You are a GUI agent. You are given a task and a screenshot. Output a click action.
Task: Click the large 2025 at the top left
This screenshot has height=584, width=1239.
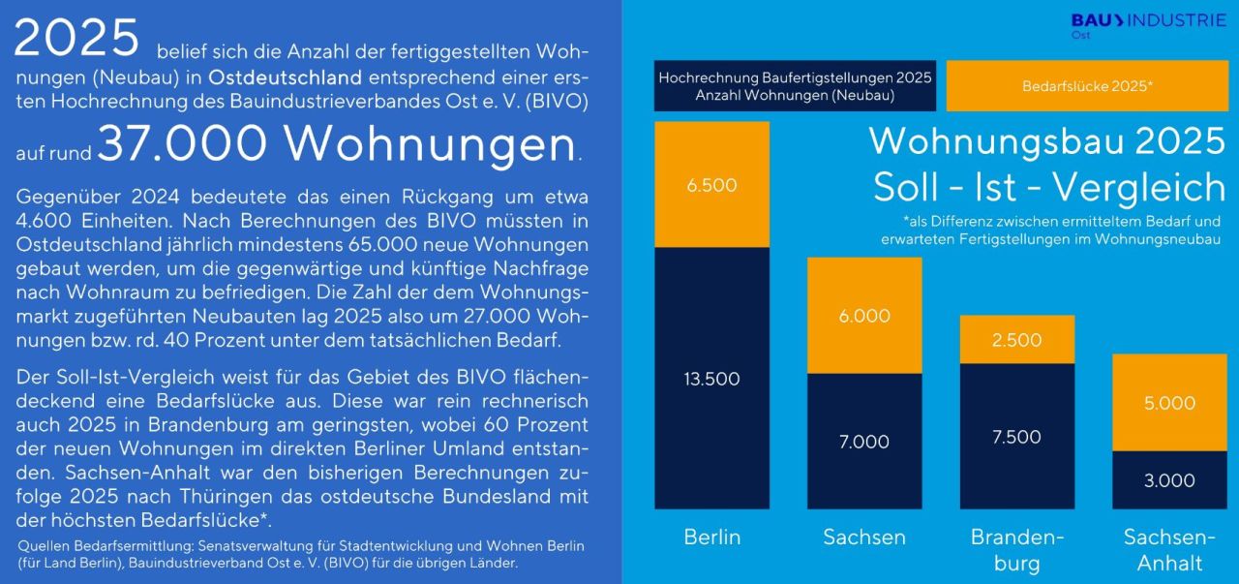pos(77,39)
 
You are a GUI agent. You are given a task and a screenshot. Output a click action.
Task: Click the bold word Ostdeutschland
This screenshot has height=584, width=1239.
pos(286,77)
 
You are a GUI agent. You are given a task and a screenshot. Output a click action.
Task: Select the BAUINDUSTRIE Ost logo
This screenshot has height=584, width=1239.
pos(1148,25)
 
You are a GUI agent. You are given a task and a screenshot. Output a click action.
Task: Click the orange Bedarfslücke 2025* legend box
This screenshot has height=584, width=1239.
pos(1086,86)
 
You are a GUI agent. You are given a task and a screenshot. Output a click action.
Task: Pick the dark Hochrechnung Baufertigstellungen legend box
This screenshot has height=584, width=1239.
pos(795,86)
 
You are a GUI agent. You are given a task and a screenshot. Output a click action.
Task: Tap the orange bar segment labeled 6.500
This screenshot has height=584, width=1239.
pos(711,185)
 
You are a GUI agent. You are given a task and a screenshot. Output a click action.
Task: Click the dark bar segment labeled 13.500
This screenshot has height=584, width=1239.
pos(711,378)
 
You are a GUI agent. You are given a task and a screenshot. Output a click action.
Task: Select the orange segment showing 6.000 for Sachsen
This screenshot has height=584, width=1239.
pos(863,316)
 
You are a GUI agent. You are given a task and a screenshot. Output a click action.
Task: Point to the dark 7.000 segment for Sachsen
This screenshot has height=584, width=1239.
pos(863,441)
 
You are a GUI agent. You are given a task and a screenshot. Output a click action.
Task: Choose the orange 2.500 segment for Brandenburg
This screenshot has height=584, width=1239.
pos(1016,340)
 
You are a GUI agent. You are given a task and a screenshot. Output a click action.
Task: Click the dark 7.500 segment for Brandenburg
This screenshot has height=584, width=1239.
pos(1016,436)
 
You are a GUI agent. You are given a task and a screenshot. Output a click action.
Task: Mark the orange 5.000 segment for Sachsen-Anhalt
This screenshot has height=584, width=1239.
pos(1169,403)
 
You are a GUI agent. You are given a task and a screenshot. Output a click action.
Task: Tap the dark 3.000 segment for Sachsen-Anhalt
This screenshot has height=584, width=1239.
pos(1169,480)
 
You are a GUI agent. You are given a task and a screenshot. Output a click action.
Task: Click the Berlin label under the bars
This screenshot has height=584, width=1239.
pos(711,536)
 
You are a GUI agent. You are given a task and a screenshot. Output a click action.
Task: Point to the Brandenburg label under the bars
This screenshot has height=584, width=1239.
pos(1016,549)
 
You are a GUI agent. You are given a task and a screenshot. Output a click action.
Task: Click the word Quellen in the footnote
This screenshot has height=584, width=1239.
pos(41,545)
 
